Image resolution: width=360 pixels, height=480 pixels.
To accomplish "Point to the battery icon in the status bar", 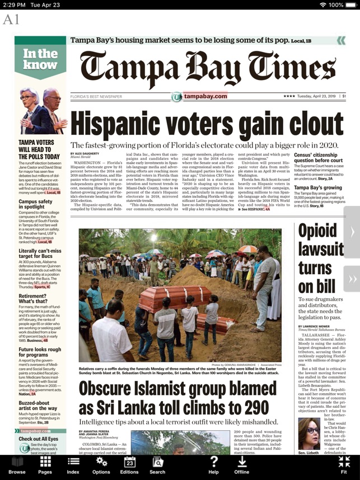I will coord(350,4).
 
